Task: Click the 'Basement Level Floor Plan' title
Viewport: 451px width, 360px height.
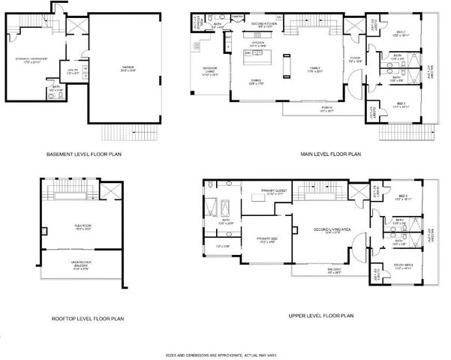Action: point(84,155)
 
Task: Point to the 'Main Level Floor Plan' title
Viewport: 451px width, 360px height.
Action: point(331,155)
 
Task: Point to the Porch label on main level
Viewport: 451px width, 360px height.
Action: point(325,109)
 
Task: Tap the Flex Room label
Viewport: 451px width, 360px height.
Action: point(72,229)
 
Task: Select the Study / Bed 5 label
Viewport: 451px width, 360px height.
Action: point(403,266)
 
